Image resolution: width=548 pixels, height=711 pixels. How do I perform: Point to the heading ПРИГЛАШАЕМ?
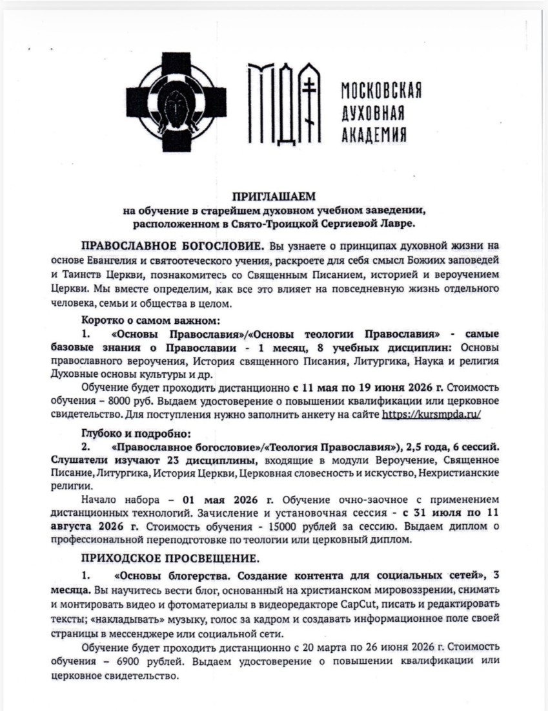point(274,196)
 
